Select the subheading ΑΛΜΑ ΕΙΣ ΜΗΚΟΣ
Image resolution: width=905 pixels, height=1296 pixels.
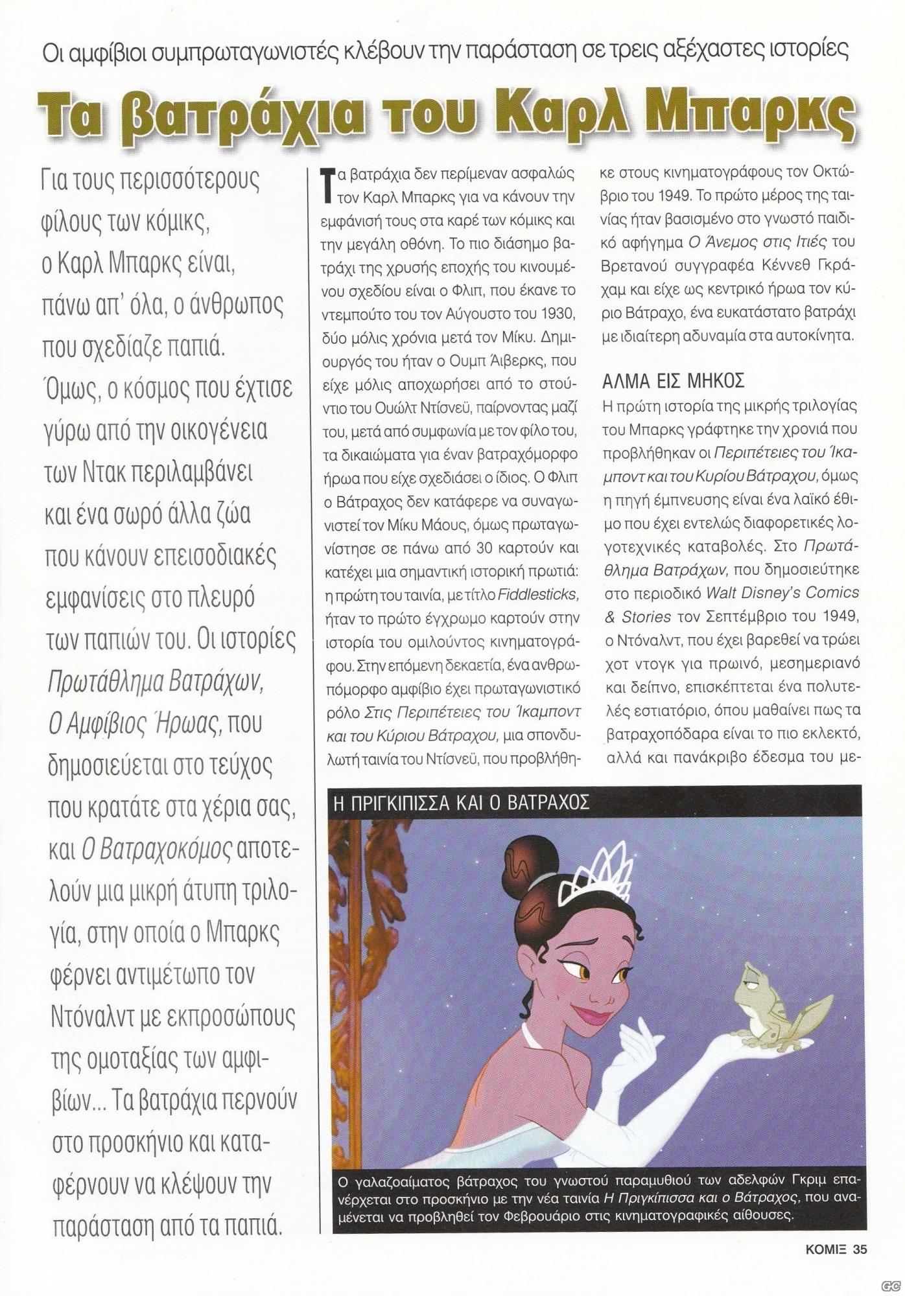point(672,380)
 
